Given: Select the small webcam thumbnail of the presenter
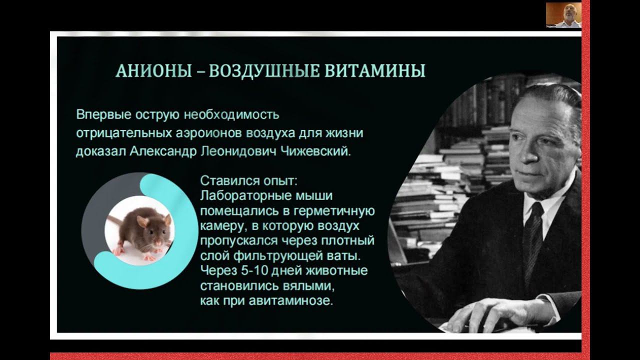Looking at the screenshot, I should (x=563, y=15).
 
